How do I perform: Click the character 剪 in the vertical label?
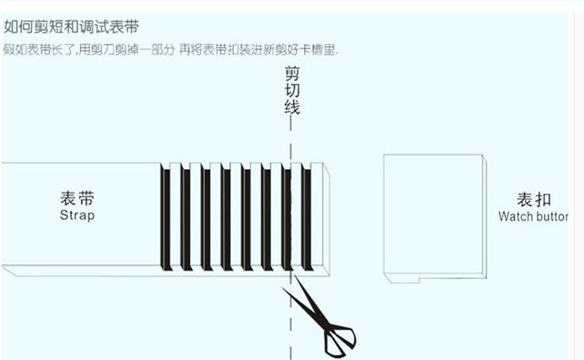291,74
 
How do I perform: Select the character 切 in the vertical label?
291,90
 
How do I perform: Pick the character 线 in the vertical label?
291,107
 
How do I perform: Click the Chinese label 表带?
77,198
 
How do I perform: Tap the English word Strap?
77,214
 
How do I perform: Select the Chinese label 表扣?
533,199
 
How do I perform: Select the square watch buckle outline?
434,214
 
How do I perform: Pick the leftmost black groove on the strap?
165,218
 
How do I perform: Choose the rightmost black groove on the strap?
307,218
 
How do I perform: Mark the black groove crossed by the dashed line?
287,218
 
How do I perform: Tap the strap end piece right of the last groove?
318,218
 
